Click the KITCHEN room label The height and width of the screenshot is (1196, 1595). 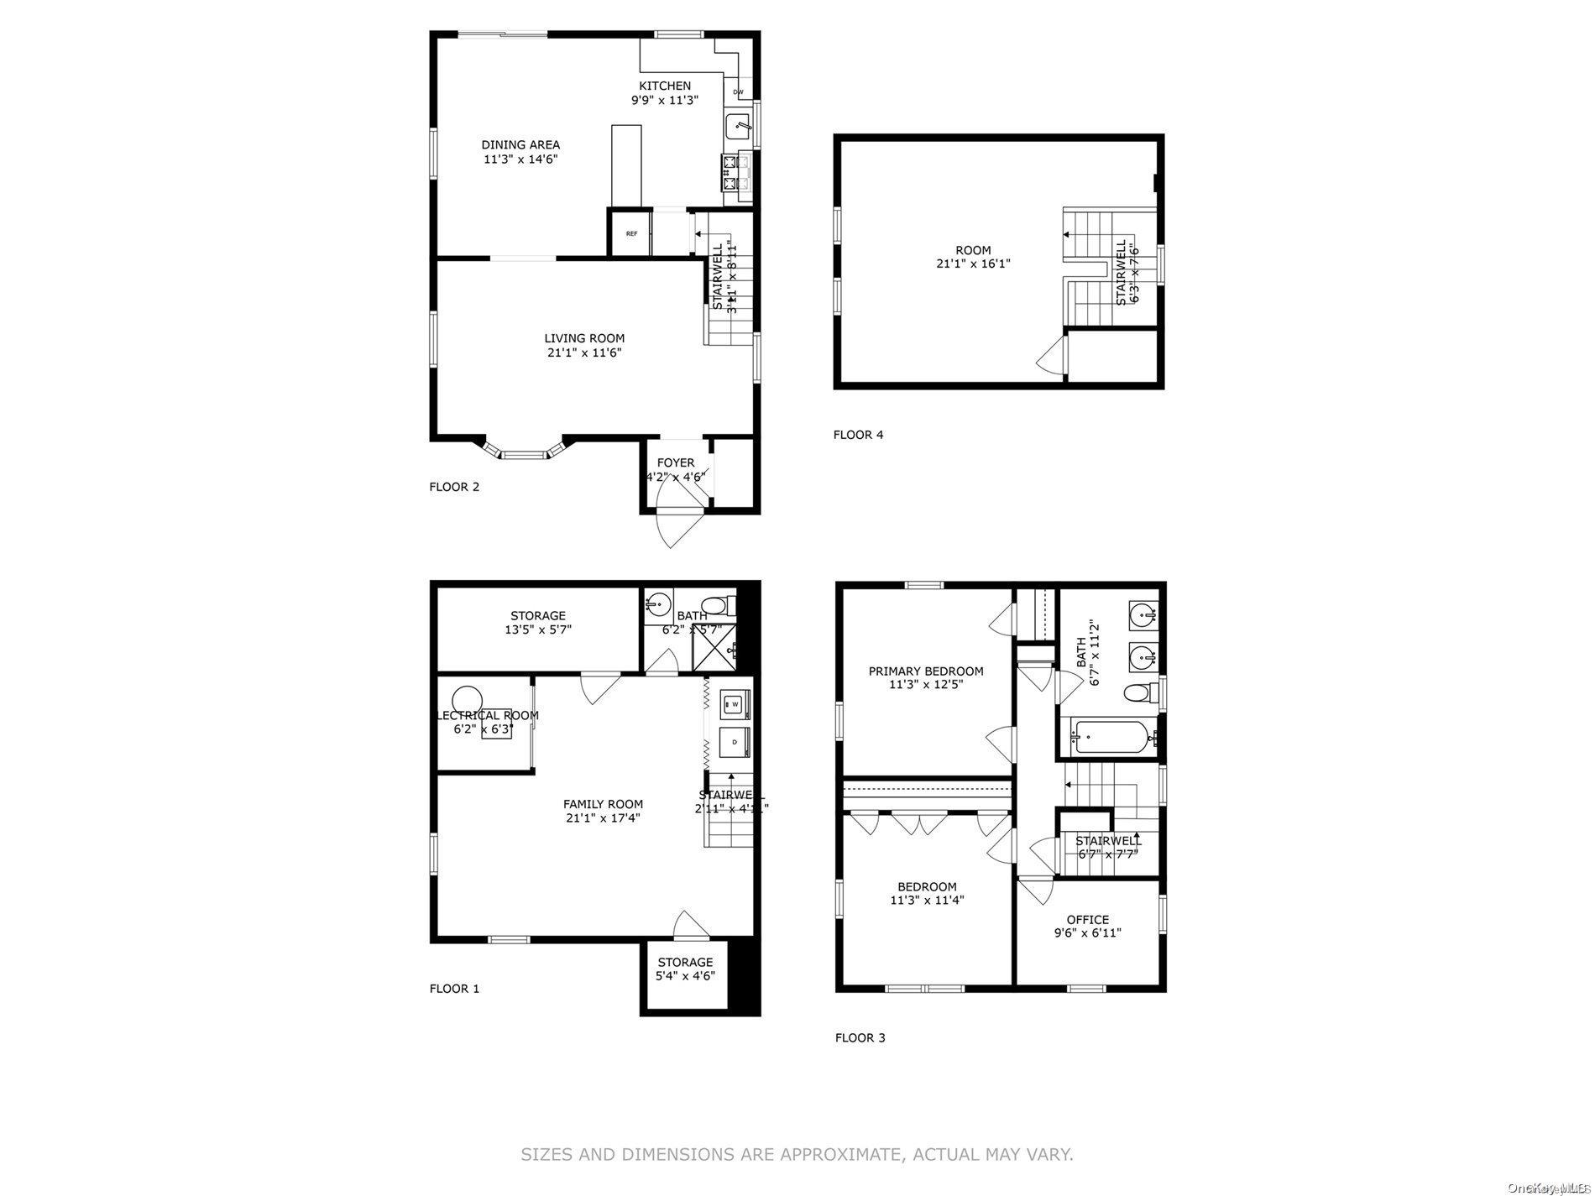pos(665,86)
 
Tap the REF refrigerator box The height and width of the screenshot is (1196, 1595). pos(631,233)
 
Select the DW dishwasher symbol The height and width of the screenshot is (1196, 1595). pos(738,91)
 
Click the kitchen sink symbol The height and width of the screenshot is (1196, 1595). pos(738,126)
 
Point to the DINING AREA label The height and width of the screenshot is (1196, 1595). pos(520,144)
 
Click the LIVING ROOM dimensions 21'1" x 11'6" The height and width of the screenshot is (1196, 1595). pos(584,353)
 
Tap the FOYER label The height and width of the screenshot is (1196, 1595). pos(676,462)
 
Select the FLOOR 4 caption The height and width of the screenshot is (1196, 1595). pos(858,435)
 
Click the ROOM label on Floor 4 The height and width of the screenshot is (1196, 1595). pos(973,250)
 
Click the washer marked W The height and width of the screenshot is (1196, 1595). pos(735,703)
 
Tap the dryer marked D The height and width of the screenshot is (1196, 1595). pos(735,742)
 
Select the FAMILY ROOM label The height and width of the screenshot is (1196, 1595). pos(603,803)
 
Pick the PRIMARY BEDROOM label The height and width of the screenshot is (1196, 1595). pos(926,671)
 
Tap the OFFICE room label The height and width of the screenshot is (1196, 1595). pos(1088,919)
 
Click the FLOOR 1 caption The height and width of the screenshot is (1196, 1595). pos(454,988)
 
